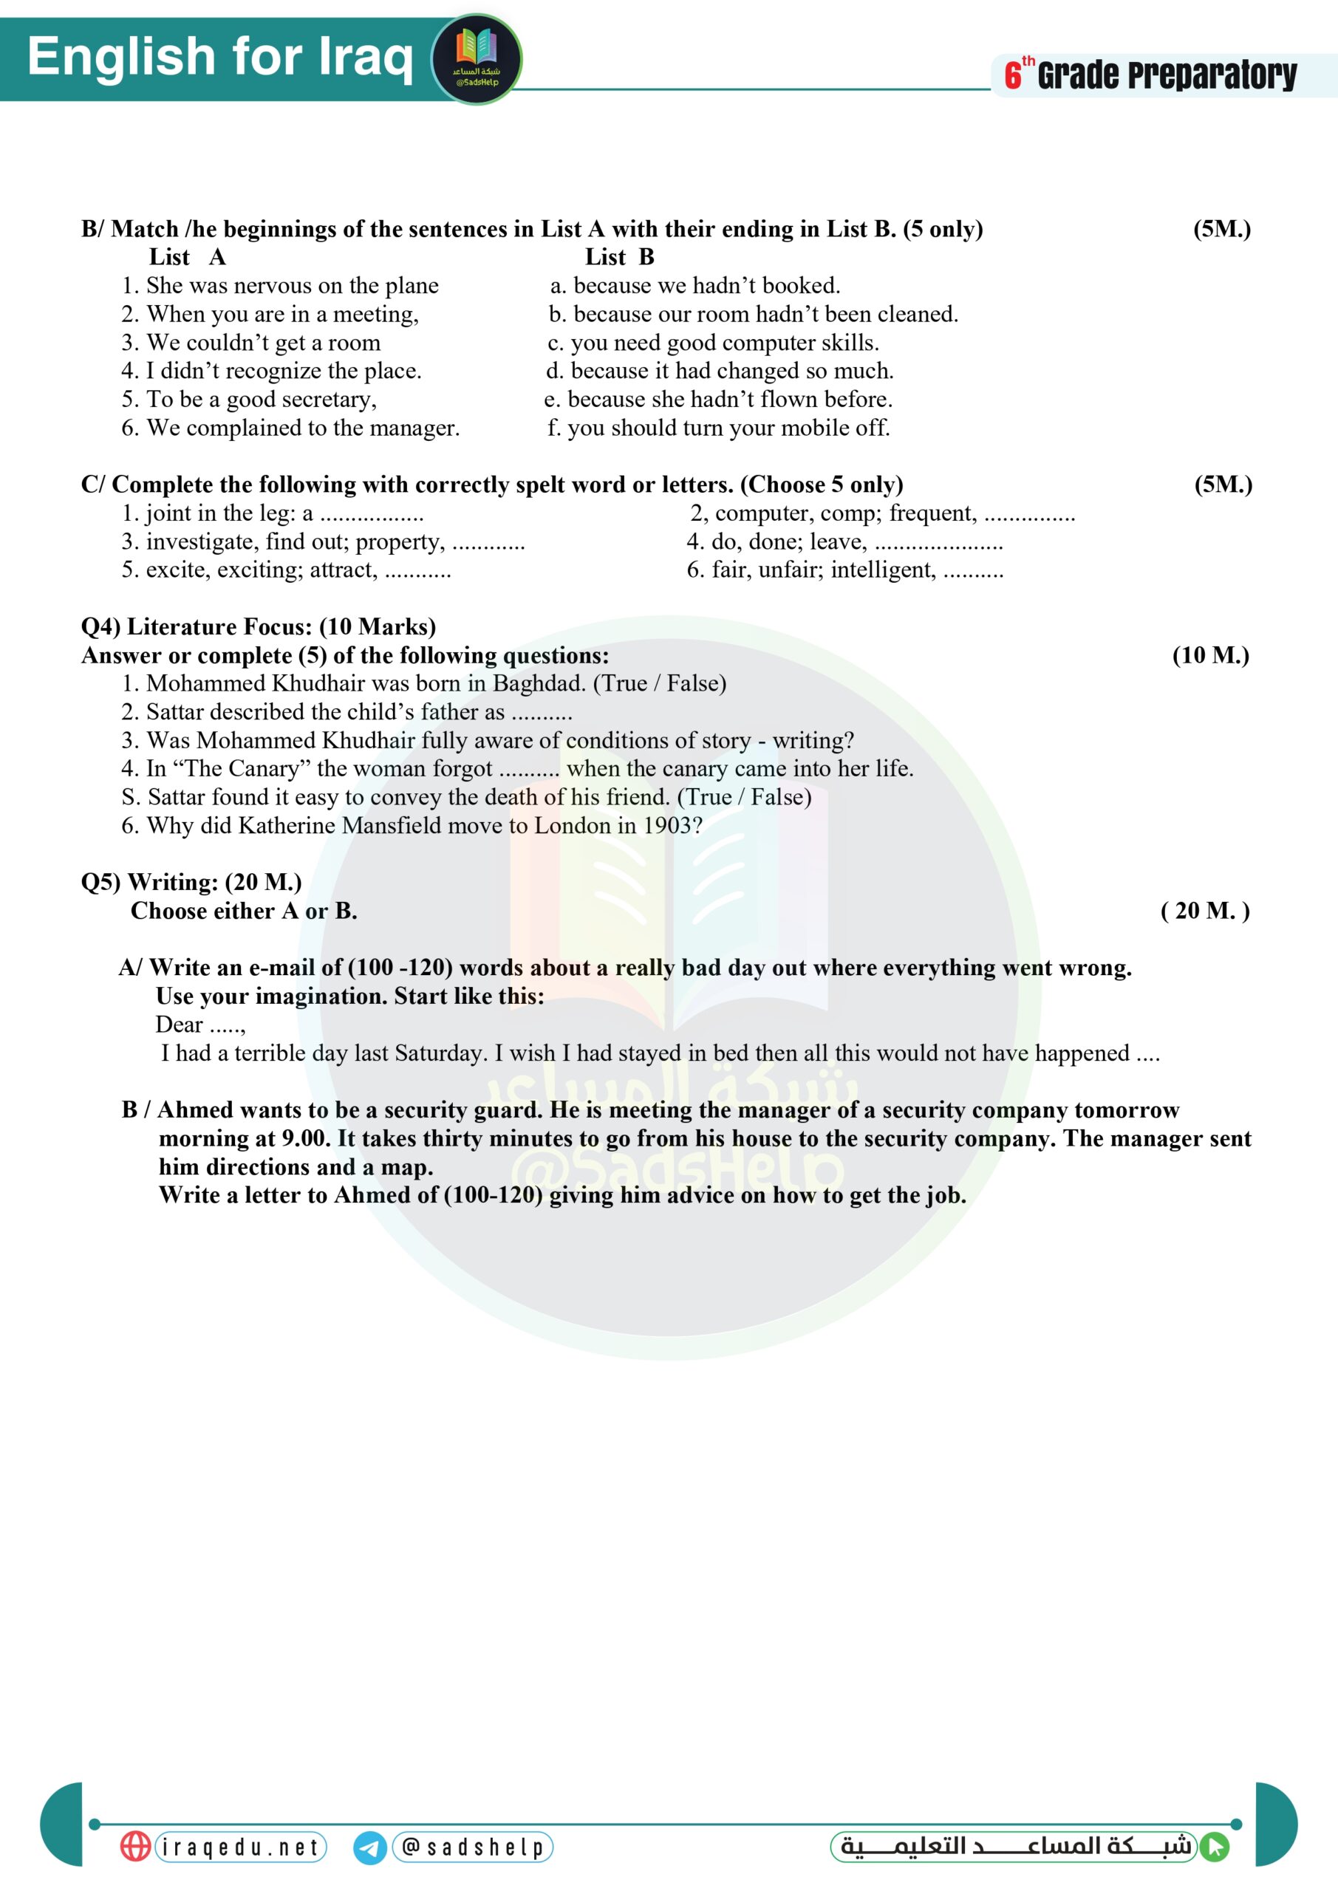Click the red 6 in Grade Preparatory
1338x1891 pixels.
click(x=1013, y=76)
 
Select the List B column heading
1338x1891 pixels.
click(x=620, y=257)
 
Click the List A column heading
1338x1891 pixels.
click(x=187, y=257)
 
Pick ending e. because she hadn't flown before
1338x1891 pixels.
click(x=717, y=400)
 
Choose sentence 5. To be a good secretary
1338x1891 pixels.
click(x=249, y=400)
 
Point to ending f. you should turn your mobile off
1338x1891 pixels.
click(x=718, y=428)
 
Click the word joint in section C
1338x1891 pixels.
click(x=168, y=513)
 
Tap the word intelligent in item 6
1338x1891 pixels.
click(x=882, y=570)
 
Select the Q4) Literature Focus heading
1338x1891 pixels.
click(x=258, y=627)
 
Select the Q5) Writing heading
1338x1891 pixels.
click(x=191, y=882)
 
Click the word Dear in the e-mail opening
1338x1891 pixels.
click(x=179, y=1025)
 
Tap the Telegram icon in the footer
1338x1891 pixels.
click(x=370, y=1847)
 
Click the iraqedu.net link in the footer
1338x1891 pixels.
click(x=241, y=1847)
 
